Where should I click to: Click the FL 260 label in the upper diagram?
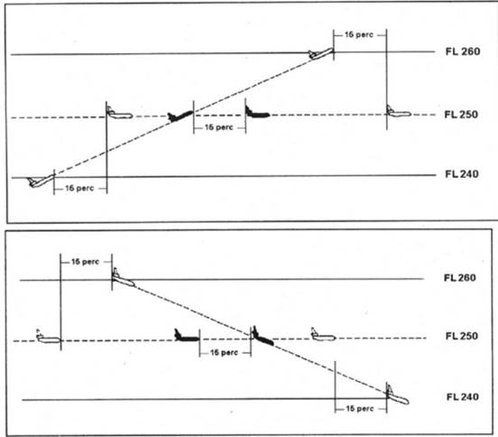pyautogui.click(x=463, y=51)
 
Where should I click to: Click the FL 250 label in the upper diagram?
pyautogui.click(x=461, y=115)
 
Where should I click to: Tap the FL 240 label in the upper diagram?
pyautogui.click(x=462, y=174)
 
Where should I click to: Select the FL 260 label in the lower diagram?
pyautogui.click(x=460, y=278)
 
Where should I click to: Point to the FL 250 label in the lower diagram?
pyautogui.click(x=462, y=336)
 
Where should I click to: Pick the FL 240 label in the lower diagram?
pyautogui.click(x=463, y=396)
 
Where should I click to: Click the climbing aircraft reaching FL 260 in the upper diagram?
pyautogui.click(x=321, y=53)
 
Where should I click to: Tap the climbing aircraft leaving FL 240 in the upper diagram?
pyautogui.click(x=41, y=181)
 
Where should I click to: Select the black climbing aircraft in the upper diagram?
pyautogui.click(x=180, y=116)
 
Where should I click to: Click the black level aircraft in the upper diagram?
pyautogui.click(x=257, y=113)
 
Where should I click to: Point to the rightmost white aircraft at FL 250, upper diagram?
pyautogui.click(x=399, y=112)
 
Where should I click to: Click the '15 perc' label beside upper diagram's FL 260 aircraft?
pyautogui.click(x=359, y=34)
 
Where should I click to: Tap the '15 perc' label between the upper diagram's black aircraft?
pyautogui.click(x=219, y=127)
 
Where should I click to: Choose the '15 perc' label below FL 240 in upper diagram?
pyautogui.click(x=79, y=188)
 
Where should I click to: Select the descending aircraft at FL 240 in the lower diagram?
pyautogui.click(x=398, y=395)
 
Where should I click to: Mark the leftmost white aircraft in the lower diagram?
pyautogui.click(x=49, y=337)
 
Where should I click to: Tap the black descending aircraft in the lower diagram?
pyautogui.click(x=263, y=336)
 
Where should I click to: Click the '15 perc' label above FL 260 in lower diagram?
pyautogui.click(x=85, y=262)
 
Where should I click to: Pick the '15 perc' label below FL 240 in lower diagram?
pyautogui.click(x=360, y=408)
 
